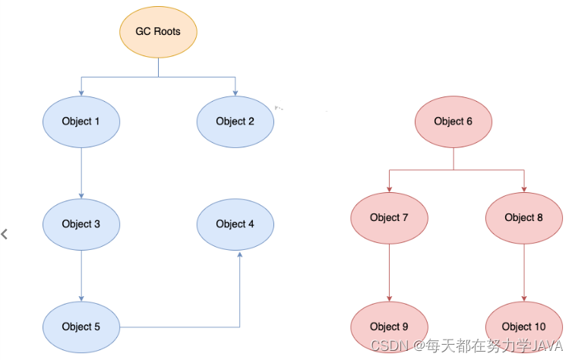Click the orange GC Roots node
click(x=158, y=32)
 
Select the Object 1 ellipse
click(x=81, y=121)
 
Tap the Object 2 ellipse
click(x=235, y=121)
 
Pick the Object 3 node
click(x=81, y=224)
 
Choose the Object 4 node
click(x=235, y=223)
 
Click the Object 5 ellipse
click(x=81, y=327)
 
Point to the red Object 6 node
click(x=453, y=121)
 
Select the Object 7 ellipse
click(x=389, y=217)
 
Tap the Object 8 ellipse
click(x=524, y=217)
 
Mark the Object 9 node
click(x=389, y=327)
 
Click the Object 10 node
click(x=524, y=327)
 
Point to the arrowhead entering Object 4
click(x=240, y=255)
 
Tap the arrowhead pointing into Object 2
click(x=235, y=92)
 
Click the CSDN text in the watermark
click(x=386, y=346)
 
